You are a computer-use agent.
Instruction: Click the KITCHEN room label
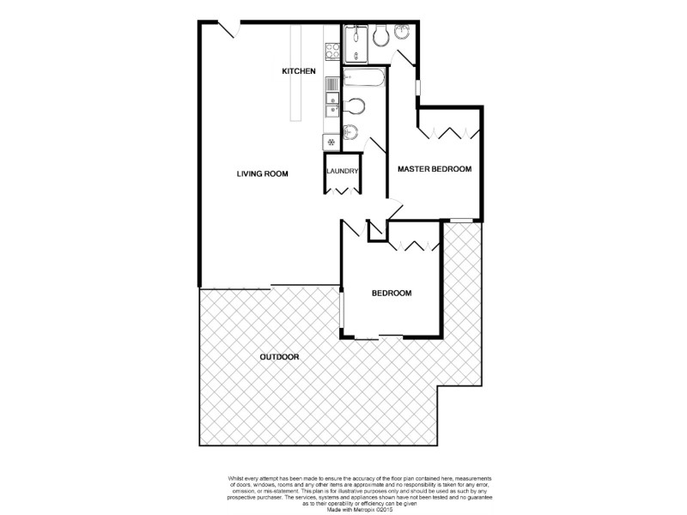(x=300, y=71)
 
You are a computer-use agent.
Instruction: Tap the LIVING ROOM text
(x=262, y=174)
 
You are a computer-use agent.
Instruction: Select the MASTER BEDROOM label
(x=435, y=169)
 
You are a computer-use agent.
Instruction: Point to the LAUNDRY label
(x=341, y=172)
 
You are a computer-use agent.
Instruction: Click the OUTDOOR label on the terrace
(x=279, y=356)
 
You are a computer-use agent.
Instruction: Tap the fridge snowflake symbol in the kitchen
(x=329, y=141)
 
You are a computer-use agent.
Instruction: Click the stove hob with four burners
(x=330, y=49)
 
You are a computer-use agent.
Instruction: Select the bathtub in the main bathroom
(x=363, y=82)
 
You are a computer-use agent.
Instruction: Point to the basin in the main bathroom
(x=351, y=132)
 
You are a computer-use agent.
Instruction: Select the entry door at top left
(x=228, y=30)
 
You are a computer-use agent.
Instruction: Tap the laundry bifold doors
(x=341, y=189)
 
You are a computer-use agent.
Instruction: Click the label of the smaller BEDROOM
(x=391, y=294)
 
